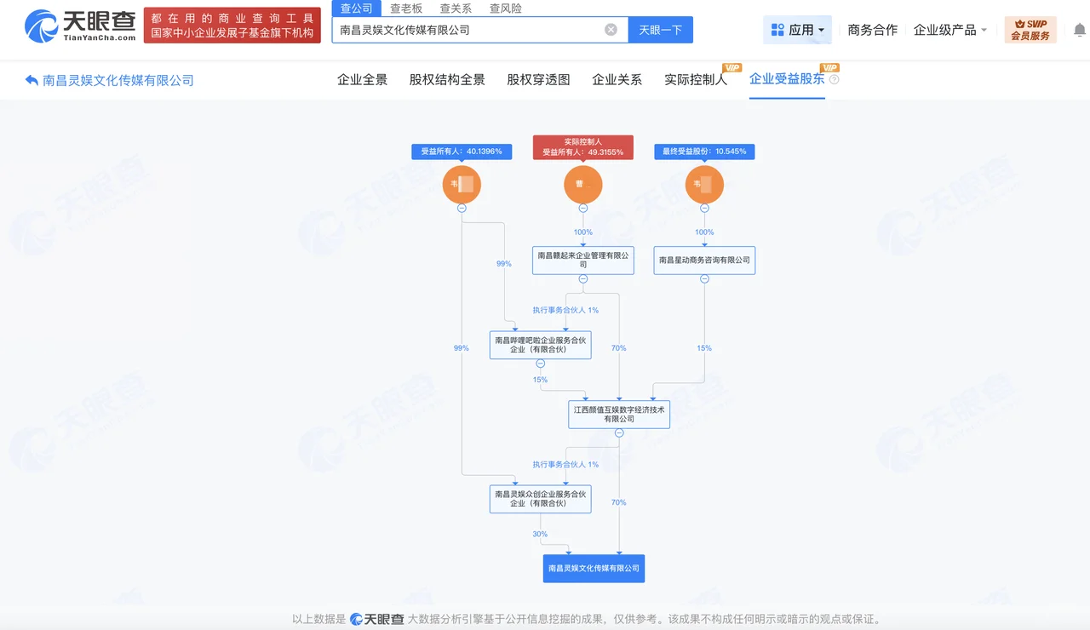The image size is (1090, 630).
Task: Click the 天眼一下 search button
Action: click(660, 30)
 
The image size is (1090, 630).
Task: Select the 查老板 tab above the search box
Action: click(406, 9)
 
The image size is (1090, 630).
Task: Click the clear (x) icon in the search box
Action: click(611, 30)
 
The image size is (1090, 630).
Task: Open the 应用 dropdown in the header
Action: click(798, 30)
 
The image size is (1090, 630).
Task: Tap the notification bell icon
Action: click(1079, 30)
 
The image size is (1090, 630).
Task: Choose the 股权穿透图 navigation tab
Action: click(538, 79)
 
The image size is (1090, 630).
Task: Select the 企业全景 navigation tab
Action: click(362, 79)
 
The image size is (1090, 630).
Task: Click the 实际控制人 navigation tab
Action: click(696, 79)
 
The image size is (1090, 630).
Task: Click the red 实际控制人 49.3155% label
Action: click(583, 147)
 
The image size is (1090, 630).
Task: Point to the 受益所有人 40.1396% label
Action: click(462, 152)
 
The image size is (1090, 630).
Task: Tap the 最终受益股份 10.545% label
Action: click(704, 152)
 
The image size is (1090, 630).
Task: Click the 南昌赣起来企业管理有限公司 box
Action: click(583, 260)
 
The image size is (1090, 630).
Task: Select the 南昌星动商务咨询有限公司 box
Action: click(704, 260)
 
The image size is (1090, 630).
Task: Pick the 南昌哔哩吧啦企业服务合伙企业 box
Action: click(540, 345)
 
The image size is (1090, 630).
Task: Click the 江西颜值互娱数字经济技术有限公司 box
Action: click(619, 414)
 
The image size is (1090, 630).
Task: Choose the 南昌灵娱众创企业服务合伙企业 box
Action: click(540, 498)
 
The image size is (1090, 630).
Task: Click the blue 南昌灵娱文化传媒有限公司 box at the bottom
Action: click(594, 568)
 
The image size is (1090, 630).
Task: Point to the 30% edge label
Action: click(540, 534)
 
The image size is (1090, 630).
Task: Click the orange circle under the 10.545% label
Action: click(704, 185)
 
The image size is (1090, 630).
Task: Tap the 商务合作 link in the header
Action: click(872, 30)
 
